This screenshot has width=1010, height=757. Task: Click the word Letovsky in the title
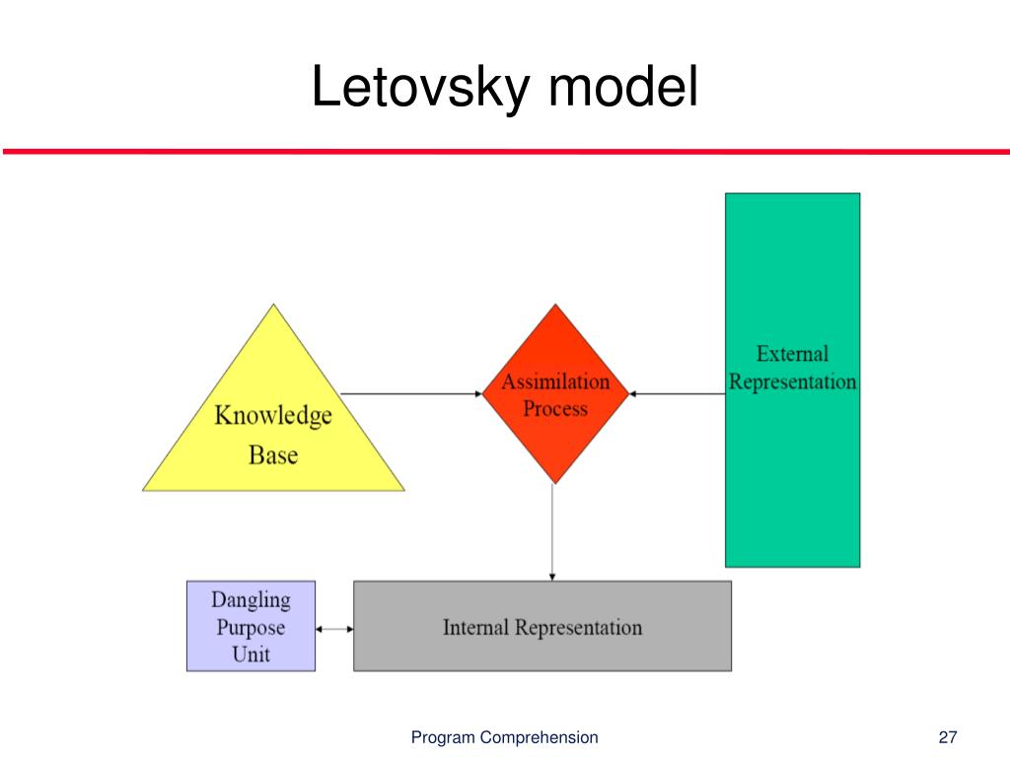pos(423,88)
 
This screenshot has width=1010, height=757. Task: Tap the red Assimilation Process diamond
pos(555,394)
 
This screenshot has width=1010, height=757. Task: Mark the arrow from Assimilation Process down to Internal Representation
pos(552,532)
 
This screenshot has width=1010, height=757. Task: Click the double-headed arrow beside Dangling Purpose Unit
pos(334,628)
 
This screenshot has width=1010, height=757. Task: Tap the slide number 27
pos(949,737)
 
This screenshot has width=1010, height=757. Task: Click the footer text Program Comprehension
pos(504,737)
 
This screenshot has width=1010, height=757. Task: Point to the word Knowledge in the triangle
pos(273,416)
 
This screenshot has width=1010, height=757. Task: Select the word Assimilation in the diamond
pos(555,382)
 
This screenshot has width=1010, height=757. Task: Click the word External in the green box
pos(792,354)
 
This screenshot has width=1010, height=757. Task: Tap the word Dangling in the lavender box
pos(251,599)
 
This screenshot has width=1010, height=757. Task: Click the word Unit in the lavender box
pos(251,654)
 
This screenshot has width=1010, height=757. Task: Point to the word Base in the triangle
pos(273,455)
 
